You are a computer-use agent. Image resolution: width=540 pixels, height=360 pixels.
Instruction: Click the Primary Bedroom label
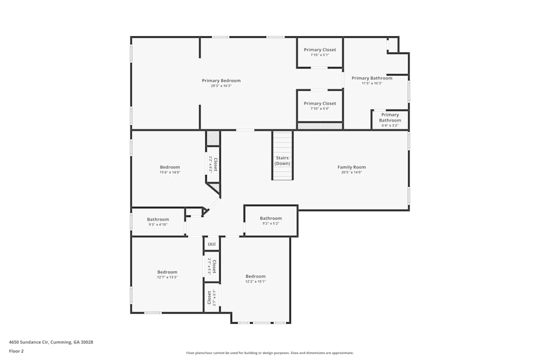(221, 80)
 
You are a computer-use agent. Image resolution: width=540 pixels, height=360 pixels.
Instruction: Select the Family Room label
(352, 167)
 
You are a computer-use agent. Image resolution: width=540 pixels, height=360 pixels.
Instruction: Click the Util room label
(212, 244)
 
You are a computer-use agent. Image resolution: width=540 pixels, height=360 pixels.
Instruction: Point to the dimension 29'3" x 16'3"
(221, 86)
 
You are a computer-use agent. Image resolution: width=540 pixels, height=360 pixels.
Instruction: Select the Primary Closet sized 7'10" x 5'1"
(320, 52)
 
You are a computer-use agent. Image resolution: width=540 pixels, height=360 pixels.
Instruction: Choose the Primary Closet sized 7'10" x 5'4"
(320, 105)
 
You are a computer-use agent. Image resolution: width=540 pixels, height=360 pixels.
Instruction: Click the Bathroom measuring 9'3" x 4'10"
(158, 221)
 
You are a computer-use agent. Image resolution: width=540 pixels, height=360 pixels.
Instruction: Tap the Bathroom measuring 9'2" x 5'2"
(271, 220)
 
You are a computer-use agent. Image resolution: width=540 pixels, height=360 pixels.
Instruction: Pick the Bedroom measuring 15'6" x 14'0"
(170, 169)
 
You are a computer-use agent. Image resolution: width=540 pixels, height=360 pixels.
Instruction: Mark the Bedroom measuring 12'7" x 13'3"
(167, 274)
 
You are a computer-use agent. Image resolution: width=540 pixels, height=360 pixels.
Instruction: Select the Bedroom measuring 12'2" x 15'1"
(255, 278)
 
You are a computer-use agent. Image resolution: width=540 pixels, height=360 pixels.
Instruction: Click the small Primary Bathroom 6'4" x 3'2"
(390, 119)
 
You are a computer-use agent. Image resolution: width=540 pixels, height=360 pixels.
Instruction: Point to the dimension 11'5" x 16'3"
(372, 83)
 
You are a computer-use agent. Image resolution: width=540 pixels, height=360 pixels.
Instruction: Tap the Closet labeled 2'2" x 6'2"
(213, 164)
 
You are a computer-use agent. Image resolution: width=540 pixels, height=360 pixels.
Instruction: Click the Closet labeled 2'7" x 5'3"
(212, 267)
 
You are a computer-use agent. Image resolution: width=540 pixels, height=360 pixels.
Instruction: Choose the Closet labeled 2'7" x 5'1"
(211, 297)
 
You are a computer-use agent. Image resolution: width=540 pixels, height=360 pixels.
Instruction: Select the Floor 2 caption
(16, 351)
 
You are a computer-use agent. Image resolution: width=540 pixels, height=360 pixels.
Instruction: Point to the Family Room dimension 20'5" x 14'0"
(352, 172)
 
